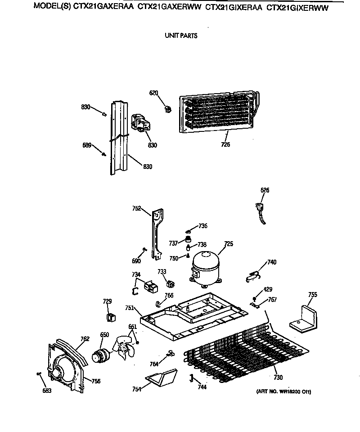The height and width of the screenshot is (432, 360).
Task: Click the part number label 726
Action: click(225, 144)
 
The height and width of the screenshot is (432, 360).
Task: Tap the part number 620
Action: click(154, 93)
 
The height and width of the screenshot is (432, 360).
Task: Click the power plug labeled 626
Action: click(260, 211)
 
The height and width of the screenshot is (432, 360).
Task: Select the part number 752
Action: click(137, 208)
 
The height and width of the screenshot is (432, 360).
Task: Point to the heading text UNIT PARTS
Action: click(181, 36)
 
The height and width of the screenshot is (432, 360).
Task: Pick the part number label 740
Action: click(272, 262)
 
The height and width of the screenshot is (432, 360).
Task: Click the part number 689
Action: click(87, 145)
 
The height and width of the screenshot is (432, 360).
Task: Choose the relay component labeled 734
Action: click(149, 286)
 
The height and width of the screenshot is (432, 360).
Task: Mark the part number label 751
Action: click(129, 308)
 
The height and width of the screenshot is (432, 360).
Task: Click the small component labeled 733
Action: click(170, 284)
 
